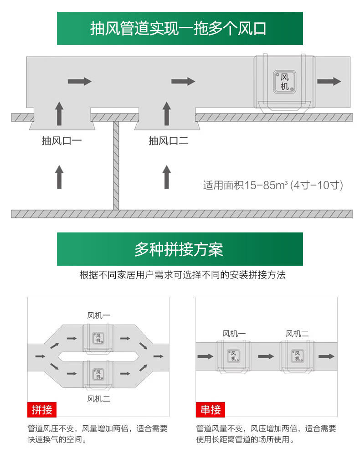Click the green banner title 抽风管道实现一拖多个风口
click(x=180, y=29)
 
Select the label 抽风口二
click(x=169, y=141)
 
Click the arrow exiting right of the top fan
click(x=329, y=82)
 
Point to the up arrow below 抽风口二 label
click(x=167, y=177)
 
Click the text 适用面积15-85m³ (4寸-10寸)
click(x=273, y=186)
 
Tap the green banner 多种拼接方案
click(x=180, y=249)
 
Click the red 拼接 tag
click(x=42, y=409)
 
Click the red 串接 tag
click(x=211, y=409)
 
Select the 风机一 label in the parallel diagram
click(x=98, y=315)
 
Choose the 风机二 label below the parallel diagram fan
click(x=98, y=399)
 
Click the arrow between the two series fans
click(x=266, y=356)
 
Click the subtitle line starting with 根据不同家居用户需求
click(x=182, y=275)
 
